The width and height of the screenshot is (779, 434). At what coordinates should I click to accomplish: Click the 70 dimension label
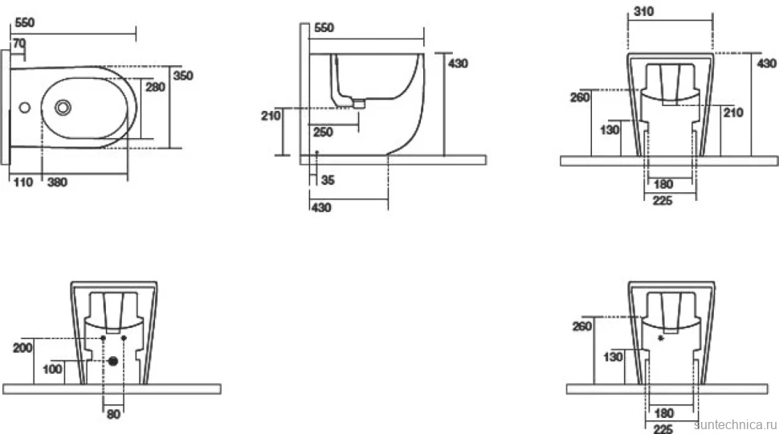[19, 43]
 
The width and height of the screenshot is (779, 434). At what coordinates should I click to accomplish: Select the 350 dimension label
[183, 76]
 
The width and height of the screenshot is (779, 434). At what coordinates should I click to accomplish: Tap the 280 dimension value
[155, 87]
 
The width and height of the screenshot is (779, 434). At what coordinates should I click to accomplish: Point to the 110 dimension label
[23, 182]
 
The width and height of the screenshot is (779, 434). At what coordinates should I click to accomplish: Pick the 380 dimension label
[57, 182]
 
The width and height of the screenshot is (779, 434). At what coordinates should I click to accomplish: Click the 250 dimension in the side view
[323, 133]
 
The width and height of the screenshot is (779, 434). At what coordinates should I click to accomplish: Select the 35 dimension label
[328, 180]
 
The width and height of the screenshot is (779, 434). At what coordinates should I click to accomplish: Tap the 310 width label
[644, 11]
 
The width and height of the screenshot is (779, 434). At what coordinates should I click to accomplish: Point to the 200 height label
[22, 347]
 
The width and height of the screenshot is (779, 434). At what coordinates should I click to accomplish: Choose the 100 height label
[52, 370]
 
